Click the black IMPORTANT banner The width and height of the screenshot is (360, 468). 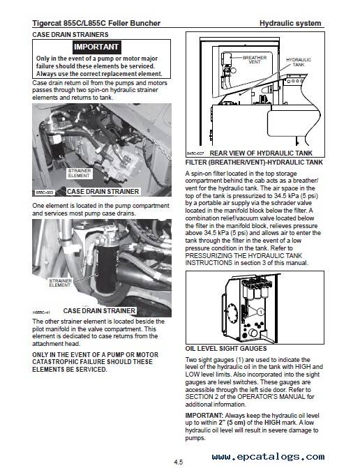pos(96,47)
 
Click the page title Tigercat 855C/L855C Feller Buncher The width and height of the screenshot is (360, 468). pos(96,23)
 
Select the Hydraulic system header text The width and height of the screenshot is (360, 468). pos(290,23)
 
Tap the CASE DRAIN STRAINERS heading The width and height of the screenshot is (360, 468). pos(70,35)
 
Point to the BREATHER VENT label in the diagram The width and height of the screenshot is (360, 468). pos(255,60)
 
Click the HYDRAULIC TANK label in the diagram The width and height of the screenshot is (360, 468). pos(298,62)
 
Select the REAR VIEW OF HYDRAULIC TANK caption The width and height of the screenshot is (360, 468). pos(261,153)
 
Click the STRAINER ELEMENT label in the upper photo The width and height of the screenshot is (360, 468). pos(79,173)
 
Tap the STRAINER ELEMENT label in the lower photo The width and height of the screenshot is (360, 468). pos(60,282)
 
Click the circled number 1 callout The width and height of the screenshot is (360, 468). pos(261,312)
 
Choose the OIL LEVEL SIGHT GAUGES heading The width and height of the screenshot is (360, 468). pos(226,348)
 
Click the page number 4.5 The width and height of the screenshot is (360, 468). pos(178,462)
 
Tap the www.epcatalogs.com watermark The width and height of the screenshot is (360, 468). pos(268,456)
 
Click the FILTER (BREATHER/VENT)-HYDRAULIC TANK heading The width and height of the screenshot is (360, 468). pos(254,163)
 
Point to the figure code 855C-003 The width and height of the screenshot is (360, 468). pos(44,193)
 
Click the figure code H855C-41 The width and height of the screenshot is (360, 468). pos(41,312)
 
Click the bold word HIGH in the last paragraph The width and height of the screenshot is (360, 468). pos(272,423)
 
